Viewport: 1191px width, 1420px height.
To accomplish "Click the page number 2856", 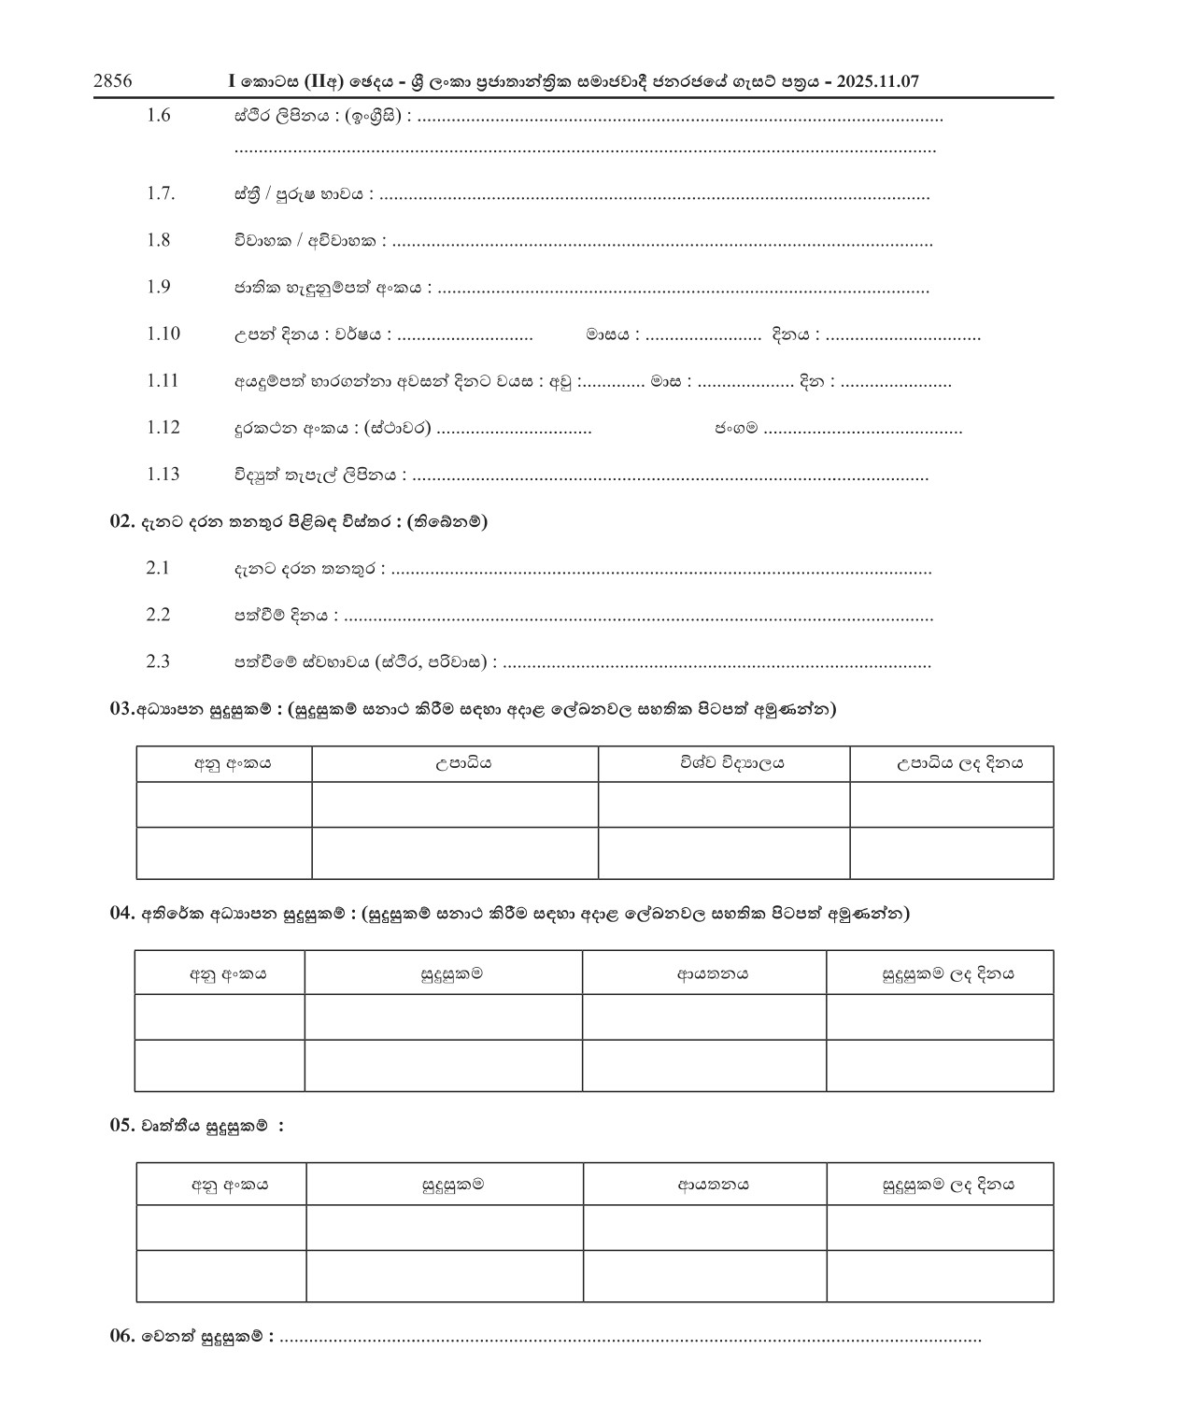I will [112, 81].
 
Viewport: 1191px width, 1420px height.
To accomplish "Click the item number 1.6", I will [158, 116].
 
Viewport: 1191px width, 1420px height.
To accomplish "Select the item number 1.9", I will [158, 287].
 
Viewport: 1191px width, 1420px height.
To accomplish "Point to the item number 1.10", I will [163, 334].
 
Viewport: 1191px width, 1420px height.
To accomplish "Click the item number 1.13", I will [163, 474].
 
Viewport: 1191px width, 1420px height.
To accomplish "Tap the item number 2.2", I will [158, 614].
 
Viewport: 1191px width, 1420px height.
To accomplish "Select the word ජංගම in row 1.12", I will [736, 428].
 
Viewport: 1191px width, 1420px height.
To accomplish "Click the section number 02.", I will [123, 521].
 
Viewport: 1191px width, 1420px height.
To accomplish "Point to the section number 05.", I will [123, 1126].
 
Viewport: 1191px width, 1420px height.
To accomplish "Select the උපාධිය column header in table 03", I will [455, 763].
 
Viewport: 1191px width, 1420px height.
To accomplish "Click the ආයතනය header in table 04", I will [713, 974].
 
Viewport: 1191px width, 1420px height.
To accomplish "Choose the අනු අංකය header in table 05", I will [230, 1185].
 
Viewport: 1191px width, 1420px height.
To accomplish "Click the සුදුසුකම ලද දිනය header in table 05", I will [948, 1185].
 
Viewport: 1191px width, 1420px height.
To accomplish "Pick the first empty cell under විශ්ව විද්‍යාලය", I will [724, 804].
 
